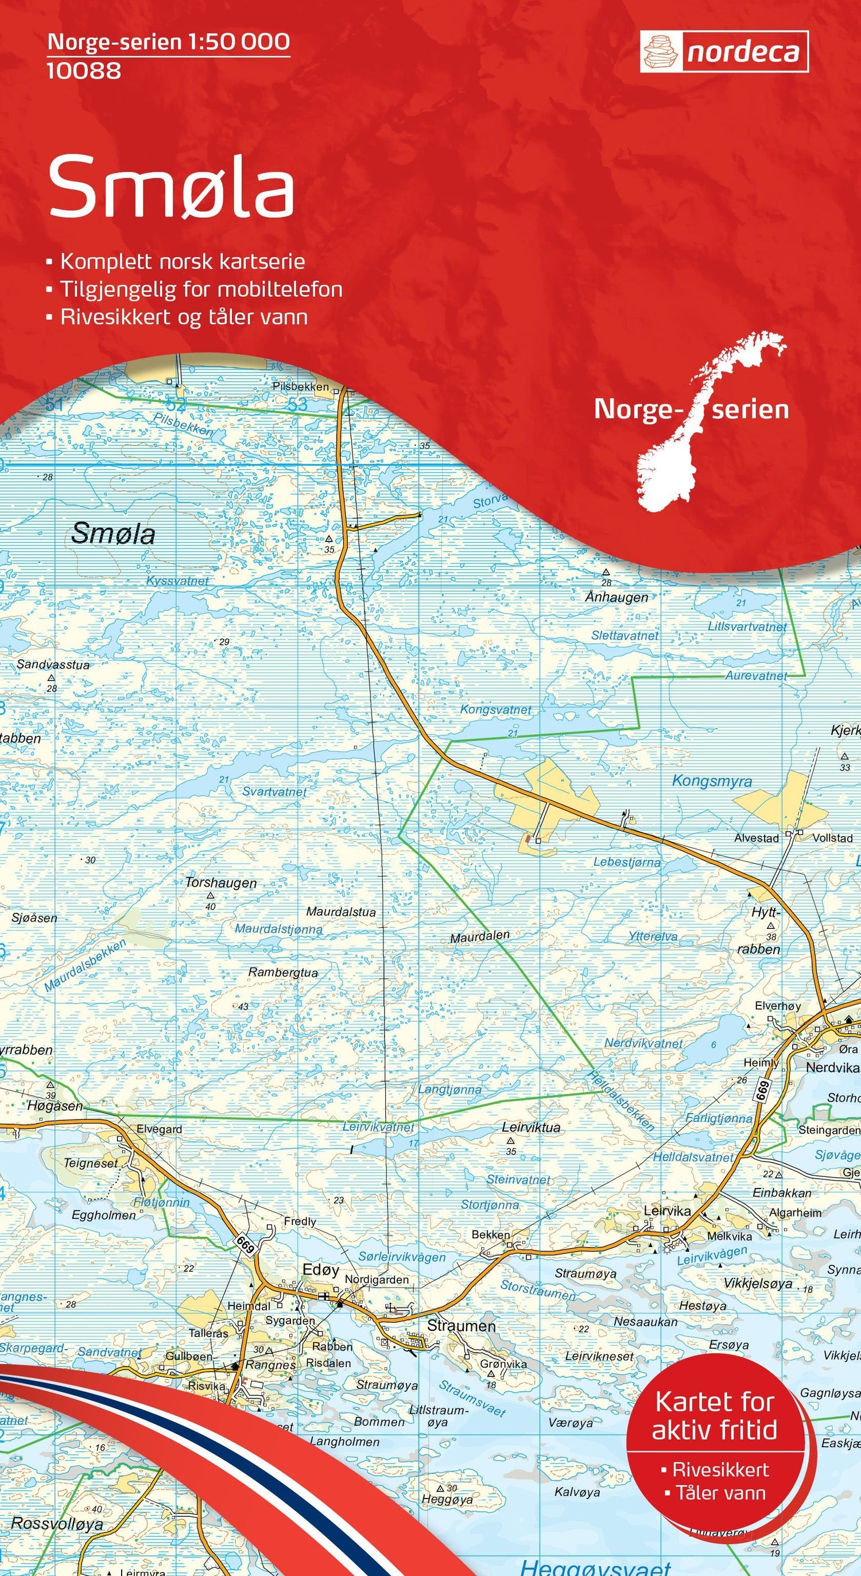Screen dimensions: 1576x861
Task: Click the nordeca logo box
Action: pos(724,52)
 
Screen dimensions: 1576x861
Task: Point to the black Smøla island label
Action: pos(113,534)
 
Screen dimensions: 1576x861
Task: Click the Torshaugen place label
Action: pos(221,882)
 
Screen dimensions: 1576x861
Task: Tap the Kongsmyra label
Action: pos(712,781)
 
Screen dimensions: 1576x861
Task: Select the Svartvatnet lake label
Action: pos(274,792)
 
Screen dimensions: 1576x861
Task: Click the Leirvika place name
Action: pos(667,1210)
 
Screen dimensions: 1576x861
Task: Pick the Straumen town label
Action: pos(461,1326)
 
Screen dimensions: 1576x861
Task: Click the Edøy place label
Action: pos(320,1270)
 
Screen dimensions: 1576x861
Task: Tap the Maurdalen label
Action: pos(479,936)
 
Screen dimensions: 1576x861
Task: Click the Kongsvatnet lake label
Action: pos(496,710)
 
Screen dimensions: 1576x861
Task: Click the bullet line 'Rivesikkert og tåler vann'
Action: pos(184,317)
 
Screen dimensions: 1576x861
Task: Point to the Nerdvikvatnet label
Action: pos(643,1043)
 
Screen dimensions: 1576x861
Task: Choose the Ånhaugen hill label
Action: pos(616,597)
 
